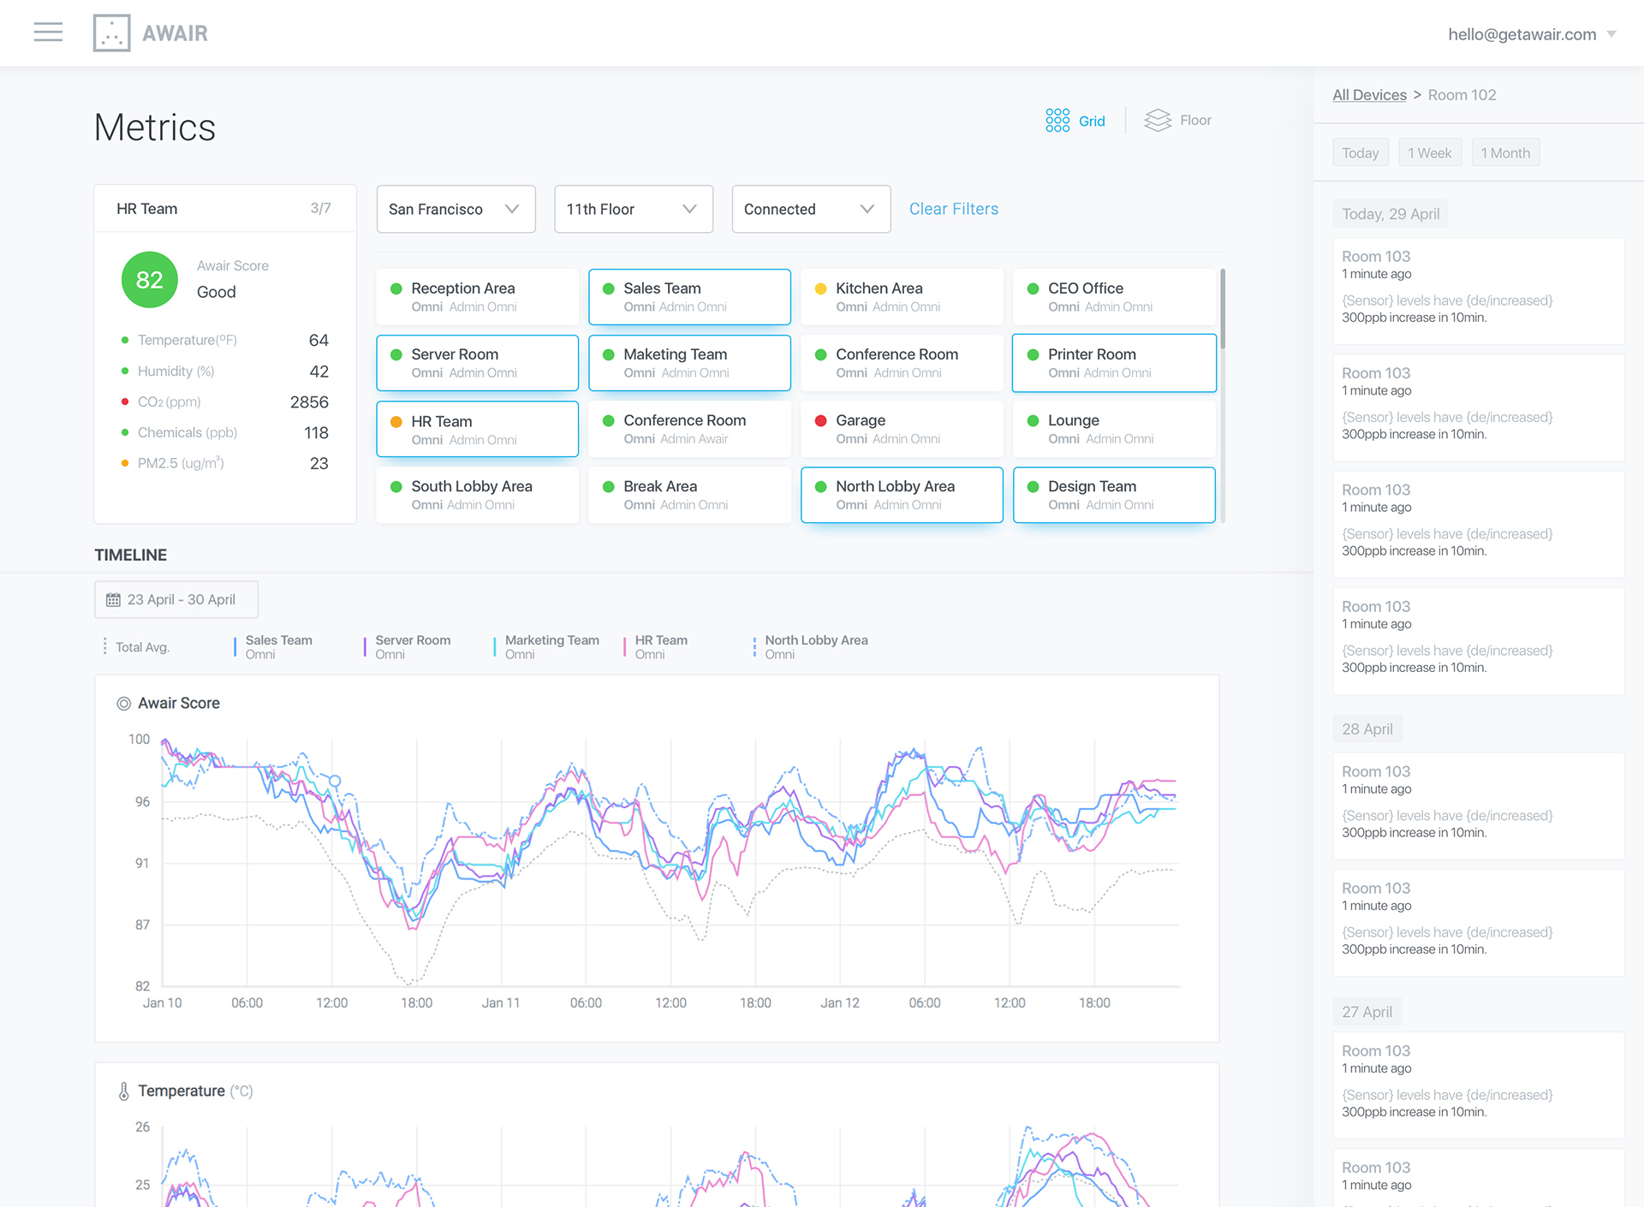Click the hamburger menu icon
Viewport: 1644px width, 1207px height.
tap(48, 33)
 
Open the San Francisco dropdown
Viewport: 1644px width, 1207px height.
tap(456, 209)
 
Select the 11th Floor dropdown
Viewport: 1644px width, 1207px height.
tap(633, 209)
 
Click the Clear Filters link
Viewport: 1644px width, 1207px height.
tap(953, 209)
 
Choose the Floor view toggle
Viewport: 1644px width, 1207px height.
tap(1179, 121)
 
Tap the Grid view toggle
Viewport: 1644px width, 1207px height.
tap(1075, 121)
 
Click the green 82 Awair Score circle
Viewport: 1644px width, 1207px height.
tap(149, 280)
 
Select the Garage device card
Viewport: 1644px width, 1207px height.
tap(901, 429)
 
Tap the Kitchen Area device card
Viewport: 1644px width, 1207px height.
tap(901, 297)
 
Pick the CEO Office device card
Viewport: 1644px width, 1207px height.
tap(1113, 297)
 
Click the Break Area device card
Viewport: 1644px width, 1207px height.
tap(688, 495)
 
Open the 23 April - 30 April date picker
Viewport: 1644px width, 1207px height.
tap(176, 600)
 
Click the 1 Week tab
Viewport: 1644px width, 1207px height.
tap(1429, 153)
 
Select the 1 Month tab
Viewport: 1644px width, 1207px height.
tap(1504, 153)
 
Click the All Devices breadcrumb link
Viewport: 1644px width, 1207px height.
tap(1369, 95)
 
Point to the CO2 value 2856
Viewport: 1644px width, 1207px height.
tap(309, 402)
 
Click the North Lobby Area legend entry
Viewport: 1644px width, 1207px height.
tap(815, 646)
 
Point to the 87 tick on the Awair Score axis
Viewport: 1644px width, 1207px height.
tap(142, 925)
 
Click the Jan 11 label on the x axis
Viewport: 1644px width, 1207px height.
tap(500, 1003)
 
